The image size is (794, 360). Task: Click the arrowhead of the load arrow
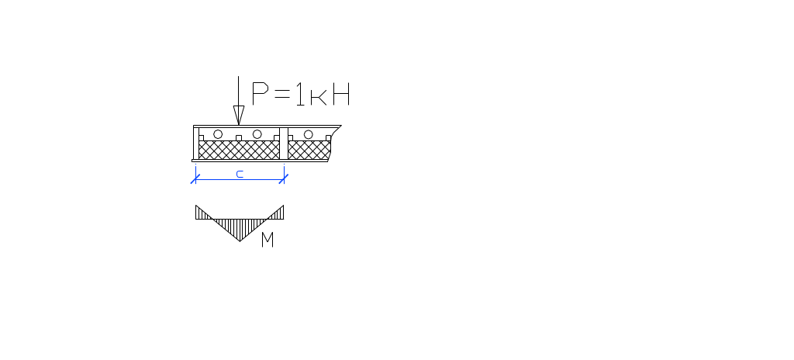tap(239, 115)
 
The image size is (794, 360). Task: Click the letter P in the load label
tap(260, 93)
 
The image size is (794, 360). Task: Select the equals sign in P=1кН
tap(282, 93)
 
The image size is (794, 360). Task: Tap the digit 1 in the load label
tap(300, 94)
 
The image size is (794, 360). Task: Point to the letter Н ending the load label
tap(341, 94)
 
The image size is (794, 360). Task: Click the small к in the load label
tap(319, 97)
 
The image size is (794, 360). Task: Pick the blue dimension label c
tap(240, 174)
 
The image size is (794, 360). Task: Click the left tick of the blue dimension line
tap(195, 179)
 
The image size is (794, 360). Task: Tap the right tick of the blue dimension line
tap(284, 179)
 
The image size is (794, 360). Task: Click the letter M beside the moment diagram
tap(268, 239)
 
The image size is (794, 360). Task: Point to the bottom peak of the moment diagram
tap(240, 241)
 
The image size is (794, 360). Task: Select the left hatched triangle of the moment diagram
tap(201, 213)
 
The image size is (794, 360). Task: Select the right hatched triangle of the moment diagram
tap(278, 214)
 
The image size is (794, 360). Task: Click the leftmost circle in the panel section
tap(218, 134)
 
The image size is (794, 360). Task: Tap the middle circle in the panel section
tap(257, 134)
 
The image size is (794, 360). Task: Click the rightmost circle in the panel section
tap(309, 134)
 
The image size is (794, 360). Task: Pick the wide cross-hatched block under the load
tap(239, 150)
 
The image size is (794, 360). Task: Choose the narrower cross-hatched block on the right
tap(309, 150)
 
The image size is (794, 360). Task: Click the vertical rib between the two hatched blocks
tap(284, 144)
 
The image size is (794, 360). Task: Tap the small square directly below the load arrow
tap(239, 138)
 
